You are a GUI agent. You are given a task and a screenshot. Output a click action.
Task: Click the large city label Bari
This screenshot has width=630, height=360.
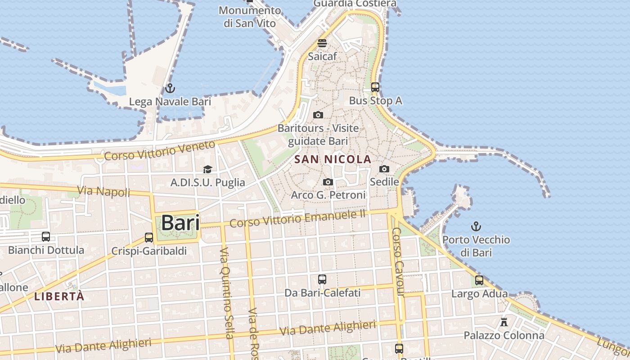tap(180, 223)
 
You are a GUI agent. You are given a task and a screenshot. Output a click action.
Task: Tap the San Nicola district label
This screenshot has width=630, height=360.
tap(333, 159)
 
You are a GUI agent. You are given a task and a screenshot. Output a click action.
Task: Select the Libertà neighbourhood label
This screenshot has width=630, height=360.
tap(59, 296)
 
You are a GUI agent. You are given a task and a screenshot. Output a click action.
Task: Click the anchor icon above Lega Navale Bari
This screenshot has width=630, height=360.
tap(170, 88)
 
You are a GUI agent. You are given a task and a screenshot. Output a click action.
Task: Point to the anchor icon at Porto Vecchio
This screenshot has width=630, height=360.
tap(476, 226)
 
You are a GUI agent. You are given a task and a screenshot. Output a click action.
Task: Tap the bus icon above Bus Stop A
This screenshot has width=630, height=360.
tap(375, 87)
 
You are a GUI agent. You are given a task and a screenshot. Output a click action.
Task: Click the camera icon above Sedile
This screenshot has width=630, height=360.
tap(384, 169)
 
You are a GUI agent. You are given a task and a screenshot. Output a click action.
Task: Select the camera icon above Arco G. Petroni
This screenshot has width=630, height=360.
tap(328, 182)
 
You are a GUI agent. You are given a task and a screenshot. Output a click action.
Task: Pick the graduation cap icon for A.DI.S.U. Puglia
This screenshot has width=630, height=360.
tap(207, 169)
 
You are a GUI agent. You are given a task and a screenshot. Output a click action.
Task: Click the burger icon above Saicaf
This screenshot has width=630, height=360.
tap(322, 43)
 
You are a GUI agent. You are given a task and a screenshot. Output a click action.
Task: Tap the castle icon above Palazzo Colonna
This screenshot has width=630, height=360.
tap(504, 322)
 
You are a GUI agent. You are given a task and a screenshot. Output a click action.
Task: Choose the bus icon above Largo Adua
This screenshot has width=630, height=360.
tap(479, 280)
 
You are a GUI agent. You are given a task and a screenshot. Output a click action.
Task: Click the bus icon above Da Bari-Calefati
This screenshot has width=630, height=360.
tap(322, 279)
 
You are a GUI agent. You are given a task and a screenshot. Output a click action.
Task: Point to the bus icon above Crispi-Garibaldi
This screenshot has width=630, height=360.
tap(149, 237)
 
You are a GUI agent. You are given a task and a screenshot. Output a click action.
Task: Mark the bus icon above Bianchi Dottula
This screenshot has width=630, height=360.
tap(46, 236)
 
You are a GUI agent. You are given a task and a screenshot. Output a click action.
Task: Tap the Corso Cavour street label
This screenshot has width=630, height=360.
tap(398, 262)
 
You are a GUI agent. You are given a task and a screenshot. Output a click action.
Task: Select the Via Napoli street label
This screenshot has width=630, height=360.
tap(103, 191)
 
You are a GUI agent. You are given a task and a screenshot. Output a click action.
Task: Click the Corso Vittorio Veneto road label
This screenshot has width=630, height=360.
tap(160, 151)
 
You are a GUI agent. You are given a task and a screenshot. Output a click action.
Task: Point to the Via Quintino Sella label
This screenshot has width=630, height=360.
tap(227, 292)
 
